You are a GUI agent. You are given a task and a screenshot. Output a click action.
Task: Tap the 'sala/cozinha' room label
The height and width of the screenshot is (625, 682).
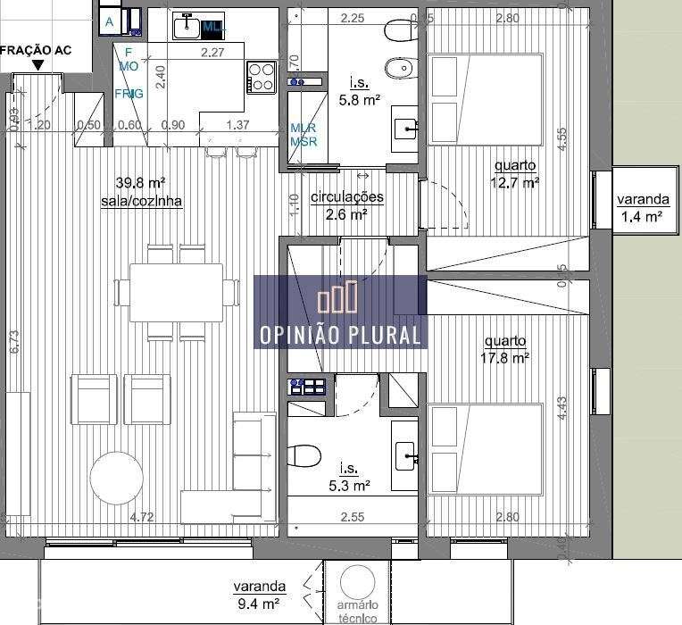pos(142,201)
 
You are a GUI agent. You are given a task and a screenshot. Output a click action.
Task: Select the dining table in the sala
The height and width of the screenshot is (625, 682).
pos(177,291)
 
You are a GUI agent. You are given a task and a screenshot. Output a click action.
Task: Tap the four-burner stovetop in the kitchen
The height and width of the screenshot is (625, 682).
pos(261,77)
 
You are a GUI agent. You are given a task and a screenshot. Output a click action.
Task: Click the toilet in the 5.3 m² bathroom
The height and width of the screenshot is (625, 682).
pos(305,455)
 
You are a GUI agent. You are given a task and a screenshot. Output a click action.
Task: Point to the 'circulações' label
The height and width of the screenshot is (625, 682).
pos(346,197)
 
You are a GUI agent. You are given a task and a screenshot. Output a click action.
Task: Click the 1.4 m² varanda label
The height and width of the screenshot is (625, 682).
pos(643,208)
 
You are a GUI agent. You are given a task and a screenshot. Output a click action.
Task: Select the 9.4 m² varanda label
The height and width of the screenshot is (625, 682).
pos(260,595)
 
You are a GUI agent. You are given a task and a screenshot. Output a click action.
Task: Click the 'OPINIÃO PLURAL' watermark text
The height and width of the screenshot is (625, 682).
pos(340,335)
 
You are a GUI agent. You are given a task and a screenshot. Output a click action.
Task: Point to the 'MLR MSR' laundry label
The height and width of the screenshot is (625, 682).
pos(303,135)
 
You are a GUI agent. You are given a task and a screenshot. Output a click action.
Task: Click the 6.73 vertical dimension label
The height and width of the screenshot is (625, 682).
pos(14,344)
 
